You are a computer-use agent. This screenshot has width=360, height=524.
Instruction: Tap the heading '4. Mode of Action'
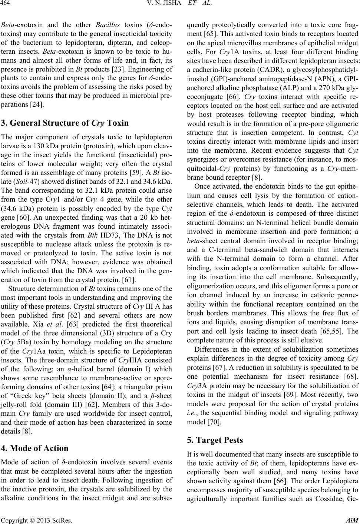point(35,448)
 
